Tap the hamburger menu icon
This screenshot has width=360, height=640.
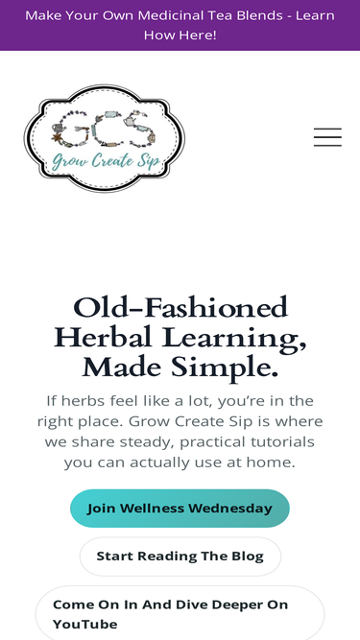point(327,137)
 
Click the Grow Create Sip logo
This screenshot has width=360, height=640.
point(104,137)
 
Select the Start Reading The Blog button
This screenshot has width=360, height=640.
point(180,557)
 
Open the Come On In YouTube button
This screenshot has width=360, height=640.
point(180,614)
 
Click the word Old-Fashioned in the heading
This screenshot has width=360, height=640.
point(180,308)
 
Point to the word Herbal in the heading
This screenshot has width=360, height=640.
point(104,338)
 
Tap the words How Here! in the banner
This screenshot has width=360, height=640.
point(180,35)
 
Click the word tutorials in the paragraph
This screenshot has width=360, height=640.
point(276,441)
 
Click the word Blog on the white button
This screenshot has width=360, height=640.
point(243,557)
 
